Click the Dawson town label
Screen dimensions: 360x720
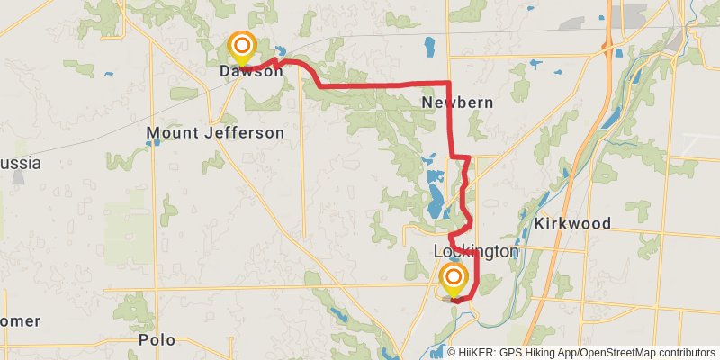(x=251, y=71)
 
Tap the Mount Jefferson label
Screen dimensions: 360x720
(x=215, y=133)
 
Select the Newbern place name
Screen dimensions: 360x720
(x=457, y=103)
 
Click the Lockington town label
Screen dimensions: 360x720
(x=476, y=252)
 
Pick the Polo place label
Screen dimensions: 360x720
(x=157, y=340)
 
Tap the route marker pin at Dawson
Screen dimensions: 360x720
(x=241, y=46)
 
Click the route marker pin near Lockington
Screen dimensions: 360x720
(x=454, y=278)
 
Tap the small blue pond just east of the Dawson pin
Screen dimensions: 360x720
(x=282, y=51)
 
